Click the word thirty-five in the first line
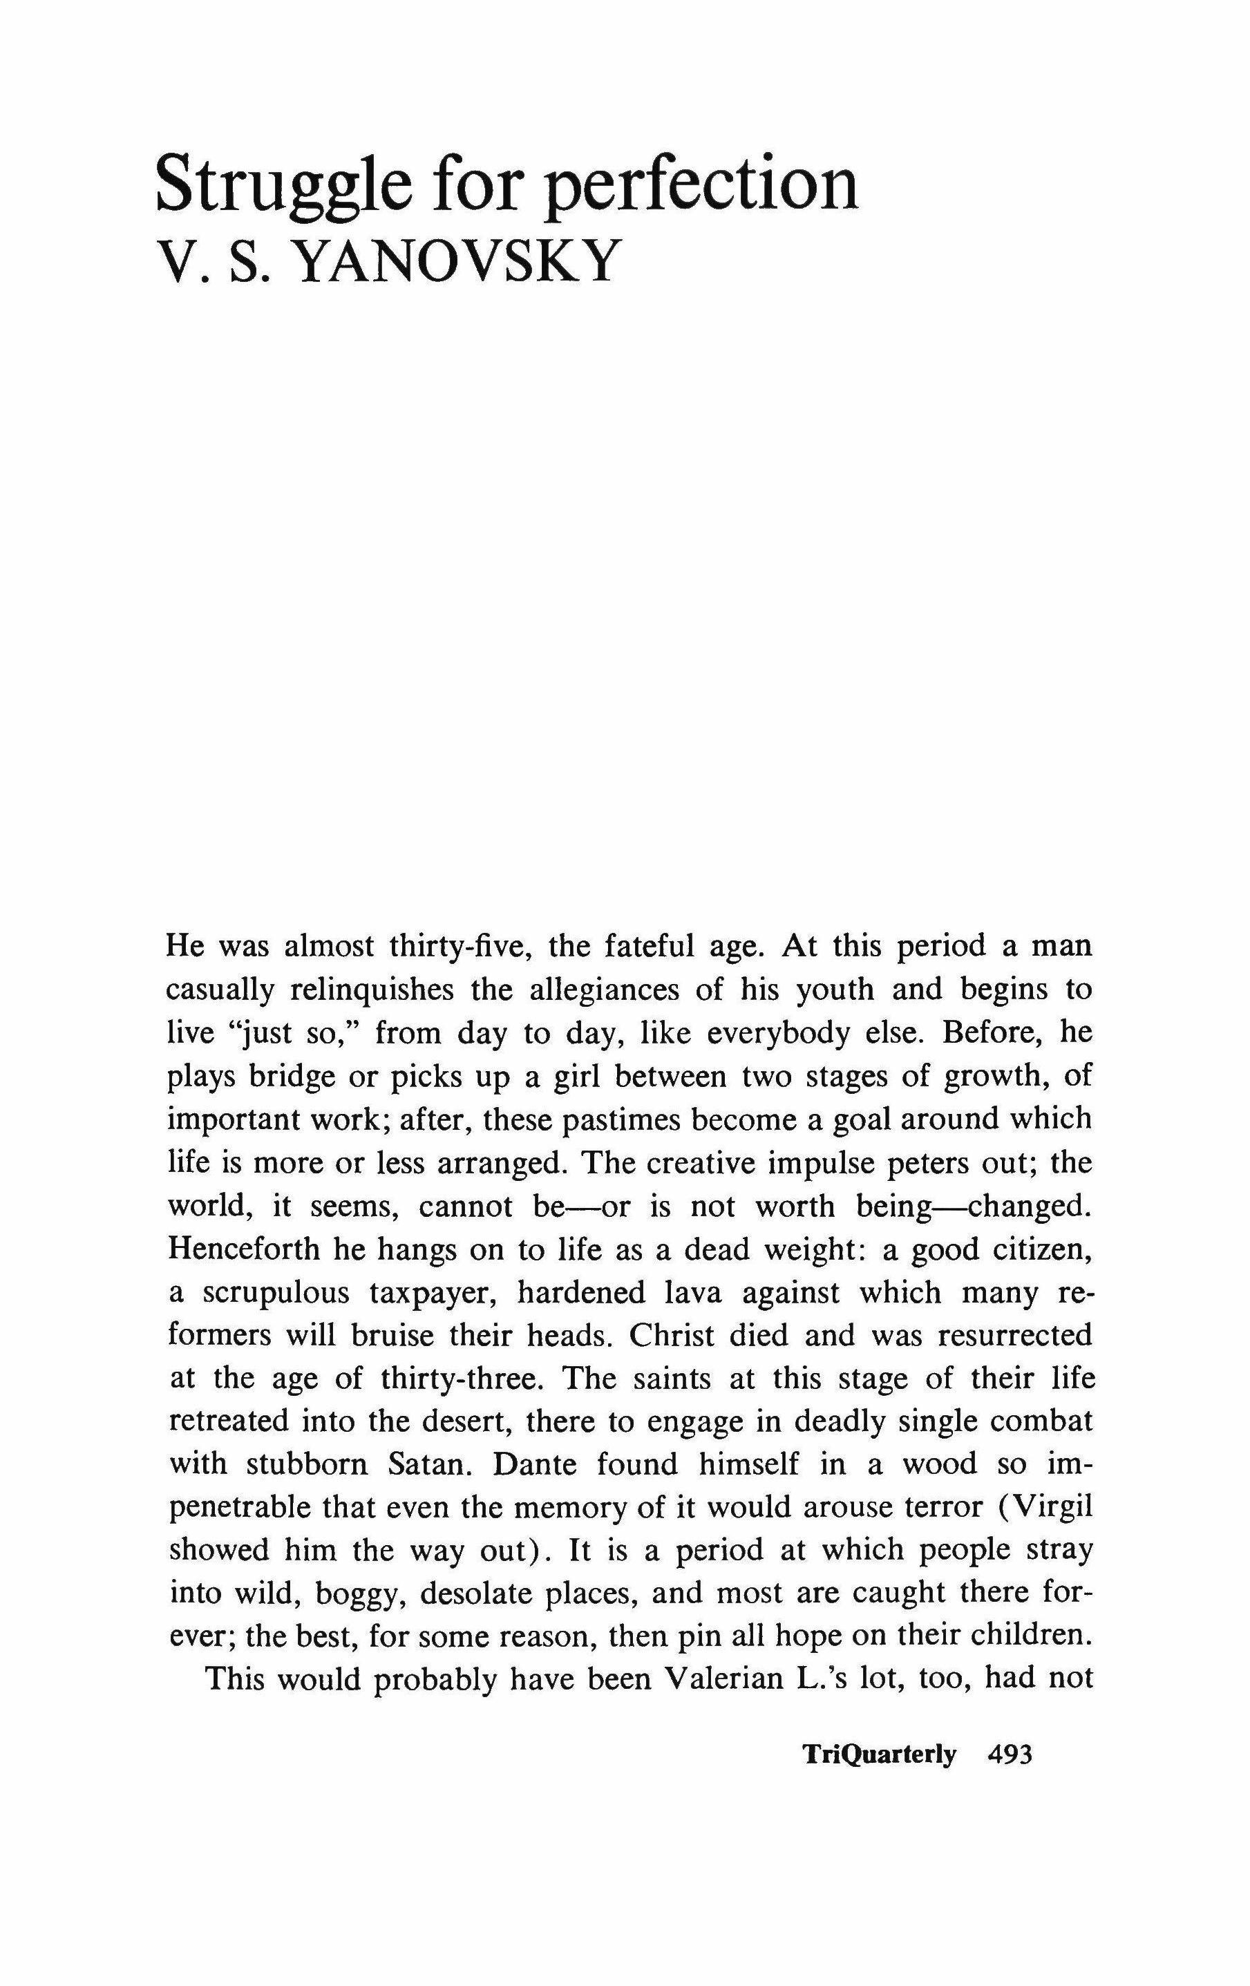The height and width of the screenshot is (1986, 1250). [x=458, y=945]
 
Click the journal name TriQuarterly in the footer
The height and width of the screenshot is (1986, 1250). [x=879, y=1755]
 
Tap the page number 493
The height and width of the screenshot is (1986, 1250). [x=1010, y=1755]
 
